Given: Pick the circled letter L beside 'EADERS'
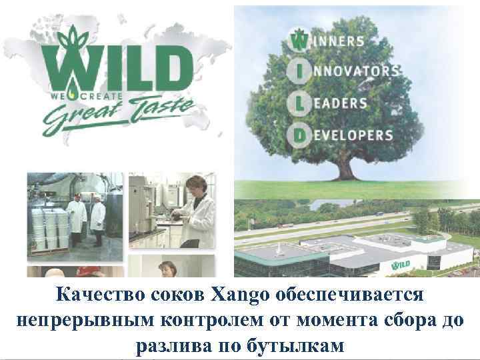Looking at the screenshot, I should point(297,103).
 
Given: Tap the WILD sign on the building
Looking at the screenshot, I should point(420,265).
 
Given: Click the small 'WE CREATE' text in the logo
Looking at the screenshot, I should point(80,95).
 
